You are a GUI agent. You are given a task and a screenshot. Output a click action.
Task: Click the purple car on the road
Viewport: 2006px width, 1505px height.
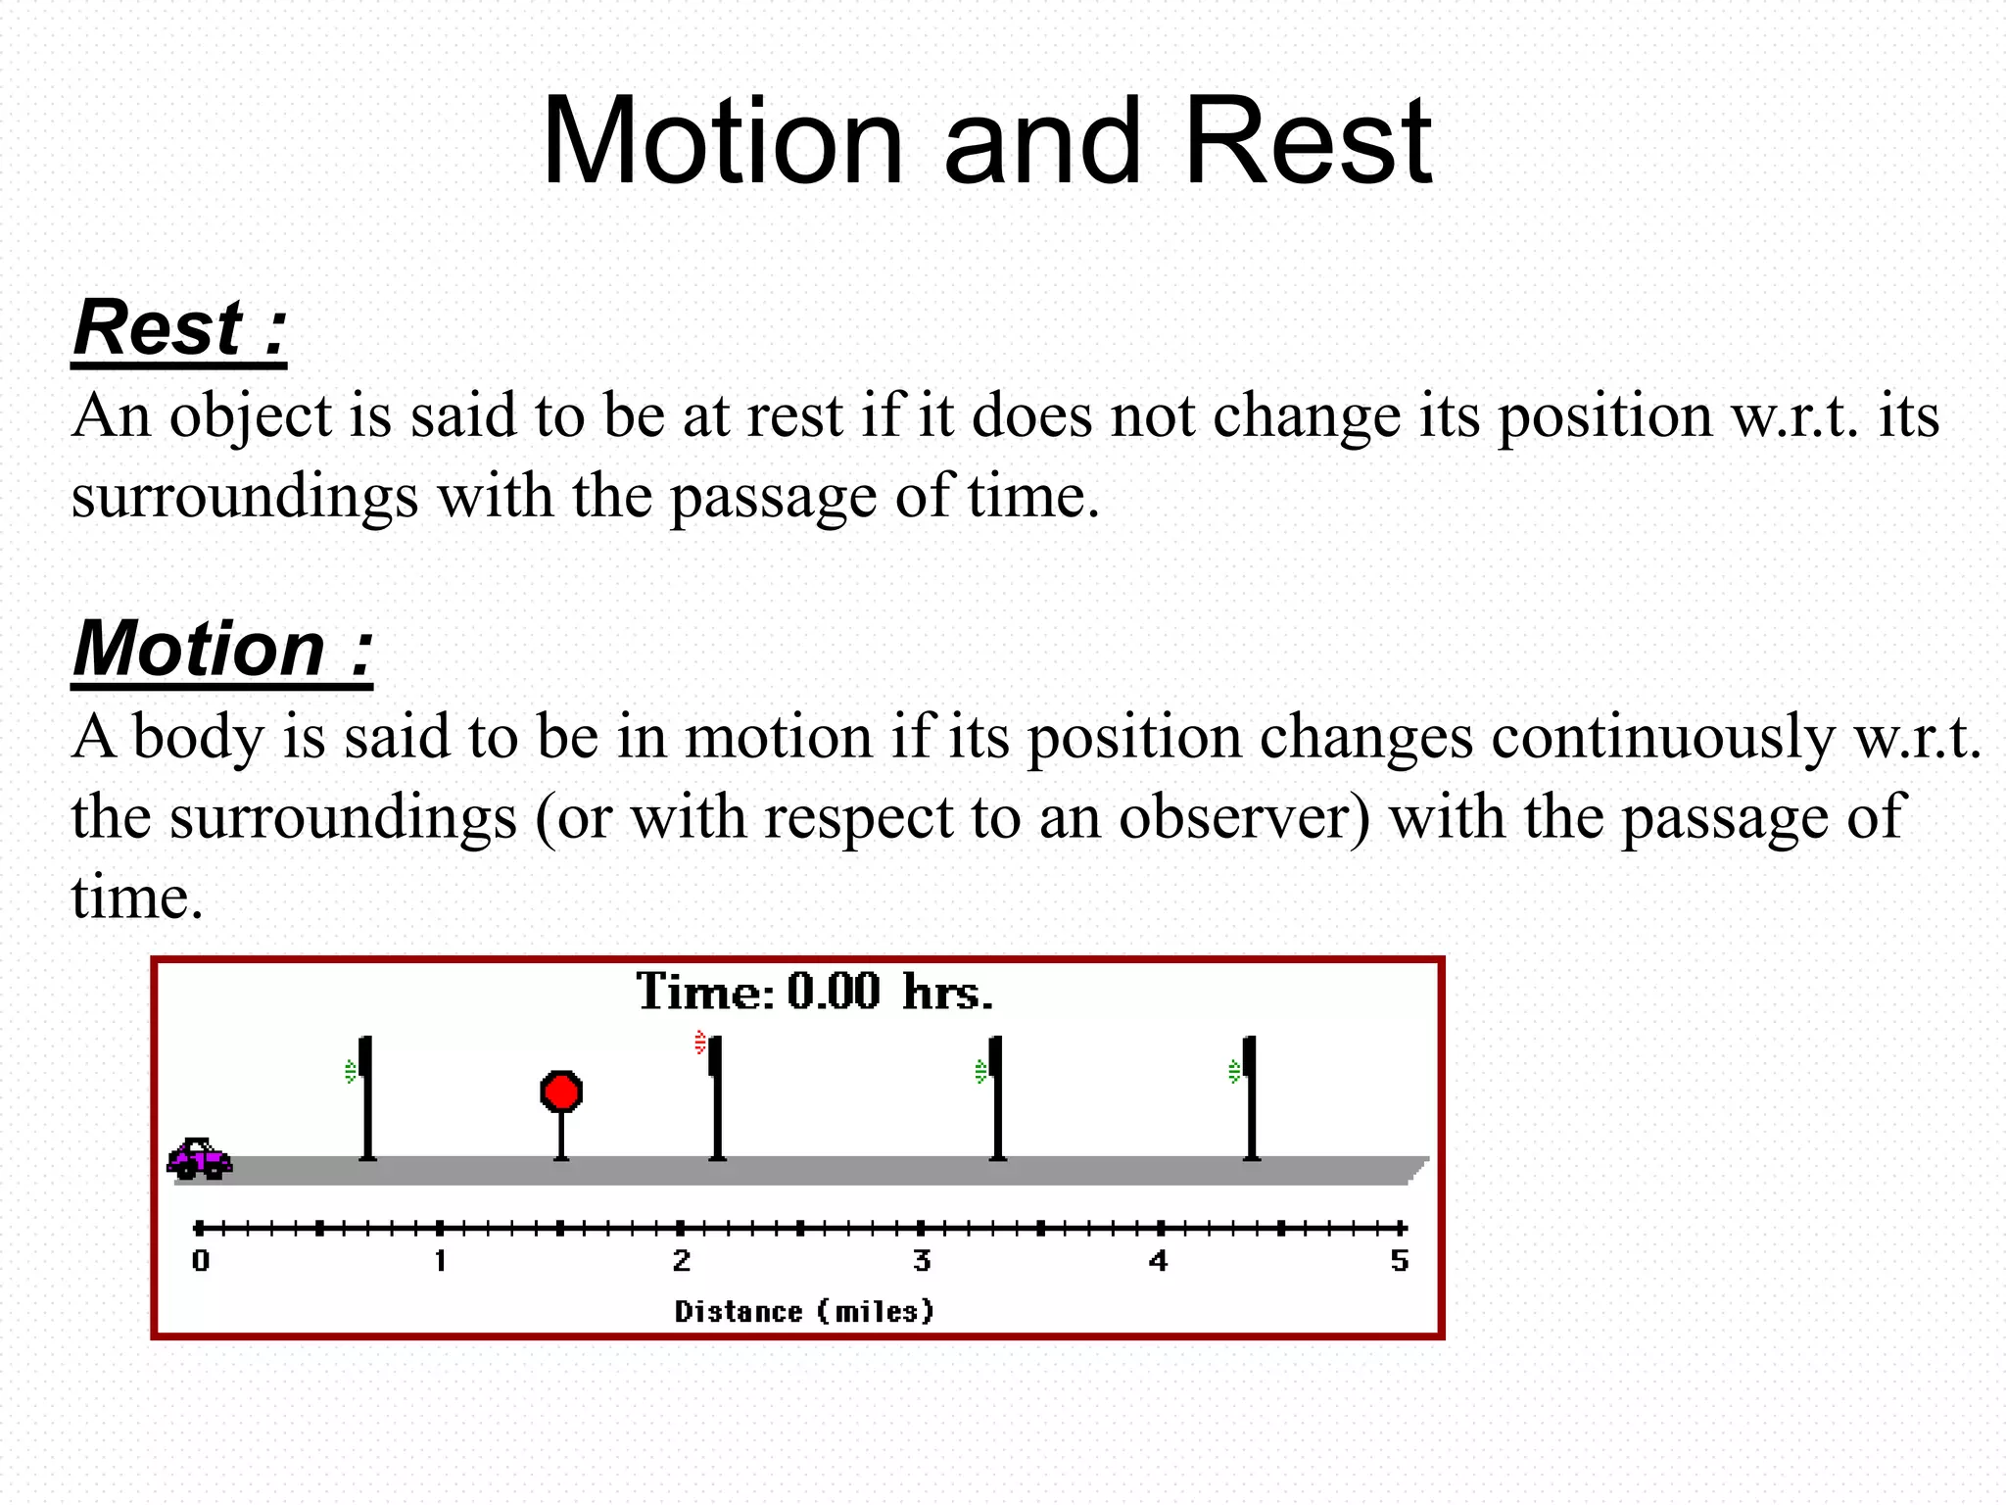(x=200, y=1159)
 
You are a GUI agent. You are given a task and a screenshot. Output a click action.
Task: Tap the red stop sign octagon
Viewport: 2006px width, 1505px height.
(x=561, y=1092)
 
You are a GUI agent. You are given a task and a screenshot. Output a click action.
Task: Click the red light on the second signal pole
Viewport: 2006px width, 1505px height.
(x=700, y=1042)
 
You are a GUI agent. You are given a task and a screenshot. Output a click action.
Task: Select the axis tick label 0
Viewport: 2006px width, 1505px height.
(x=201, y=1261)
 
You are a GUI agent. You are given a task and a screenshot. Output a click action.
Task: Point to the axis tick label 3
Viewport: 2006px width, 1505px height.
(x=922, y=1261)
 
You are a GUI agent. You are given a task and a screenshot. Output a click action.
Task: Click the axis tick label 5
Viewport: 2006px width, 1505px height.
(x=1400, y=1261)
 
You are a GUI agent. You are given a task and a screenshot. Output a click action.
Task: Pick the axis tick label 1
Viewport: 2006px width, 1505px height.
(x=441, y=1261)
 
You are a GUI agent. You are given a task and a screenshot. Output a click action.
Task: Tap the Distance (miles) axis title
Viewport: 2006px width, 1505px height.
(x=804, y=1311)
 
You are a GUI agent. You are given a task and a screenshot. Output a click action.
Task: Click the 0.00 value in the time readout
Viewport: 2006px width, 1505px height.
(x=834, y=992)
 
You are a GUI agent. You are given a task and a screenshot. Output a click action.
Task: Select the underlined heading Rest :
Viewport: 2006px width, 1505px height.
(x=179, y=328)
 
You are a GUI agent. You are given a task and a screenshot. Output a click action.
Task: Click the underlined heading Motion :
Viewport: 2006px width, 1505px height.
(x=222, y=650)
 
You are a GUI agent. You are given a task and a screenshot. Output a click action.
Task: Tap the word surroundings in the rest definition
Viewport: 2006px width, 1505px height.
(x=245, y=497)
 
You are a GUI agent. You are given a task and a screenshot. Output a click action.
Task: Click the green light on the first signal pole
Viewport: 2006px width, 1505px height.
(x=351, y=1072)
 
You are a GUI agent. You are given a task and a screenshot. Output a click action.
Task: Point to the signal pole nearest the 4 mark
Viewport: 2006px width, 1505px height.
(x=1250, y=1097)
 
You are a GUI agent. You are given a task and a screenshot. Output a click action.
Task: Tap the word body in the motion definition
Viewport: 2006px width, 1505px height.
(x=199, y=737)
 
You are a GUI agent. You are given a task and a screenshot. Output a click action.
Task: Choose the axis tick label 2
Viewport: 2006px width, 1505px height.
(x=682, y=1261)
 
